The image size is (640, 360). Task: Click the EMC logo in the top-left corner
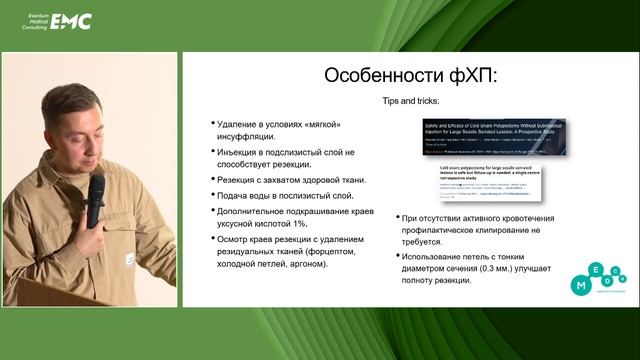click(70, 19)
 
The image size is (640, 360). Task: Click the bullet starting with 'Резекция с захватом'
click(289, 180)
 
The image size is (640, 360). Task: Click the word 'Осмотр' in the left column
click(237, 240)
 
